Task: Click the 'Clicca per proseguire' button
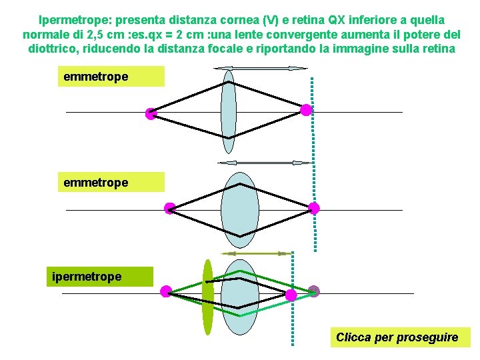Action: (x=397, y=337)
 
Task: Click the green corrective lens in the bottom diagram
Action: (x=208, y=296)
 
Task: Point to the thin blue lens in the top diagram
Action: (x=229, y=112)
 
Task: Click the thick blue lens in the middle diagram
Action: (x=240, y=207)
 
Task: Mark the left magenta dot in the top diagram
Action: (x=151, y=113)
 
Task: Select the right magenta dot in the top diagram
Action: (x=306, y=111)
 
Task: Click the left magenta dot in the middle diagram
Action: (x=170, y=208)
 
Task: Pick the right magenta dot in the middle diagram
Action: (x=314, y=208)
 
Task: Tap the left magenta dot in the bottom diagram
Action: (x=166, y=291)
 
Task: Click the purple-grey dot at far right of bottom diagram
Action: (x=314, y=291)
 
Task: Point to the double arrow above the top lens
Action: (x=261, y=68)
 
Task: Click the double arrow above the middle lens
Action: (x=265, y=163)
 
